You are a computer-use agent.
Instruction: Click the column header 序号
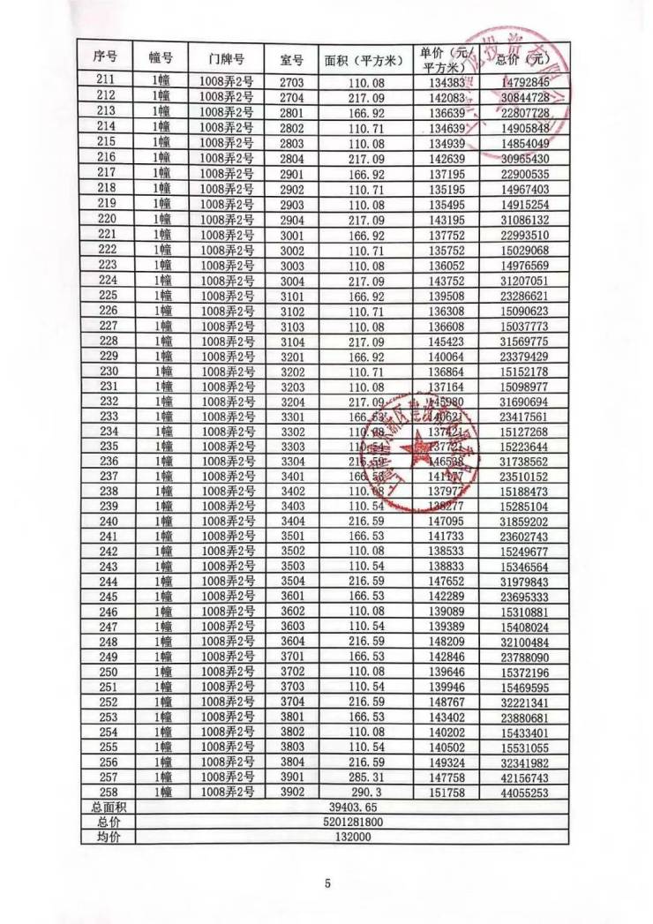(x=105, y=57)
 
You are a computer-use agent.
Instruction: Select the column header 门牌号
(x=226, y=58)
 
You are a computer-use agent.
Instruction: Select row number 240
(x=106, y=522)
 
